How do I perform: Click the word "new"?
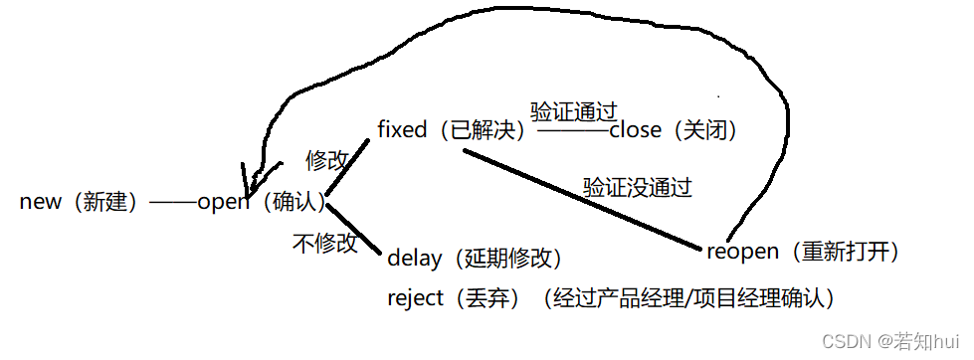tap(40, 203)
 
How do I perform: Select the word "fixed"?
tap(402, 130)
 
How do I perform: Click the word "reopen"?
tap(742, 253)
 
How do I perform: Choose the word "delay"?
tap(414, 260)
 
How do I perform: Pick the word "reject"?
tap(415, 298)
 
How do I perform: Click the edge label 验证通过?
tap(574, 109)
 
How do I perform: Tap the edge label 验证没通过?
tap(637, 186)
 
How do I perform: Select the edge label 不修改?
tap(324, 242)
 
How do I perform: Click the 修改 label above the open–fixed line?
tap(328, 158)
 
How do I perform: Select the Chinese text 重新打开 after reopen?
tap(846, 253)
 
